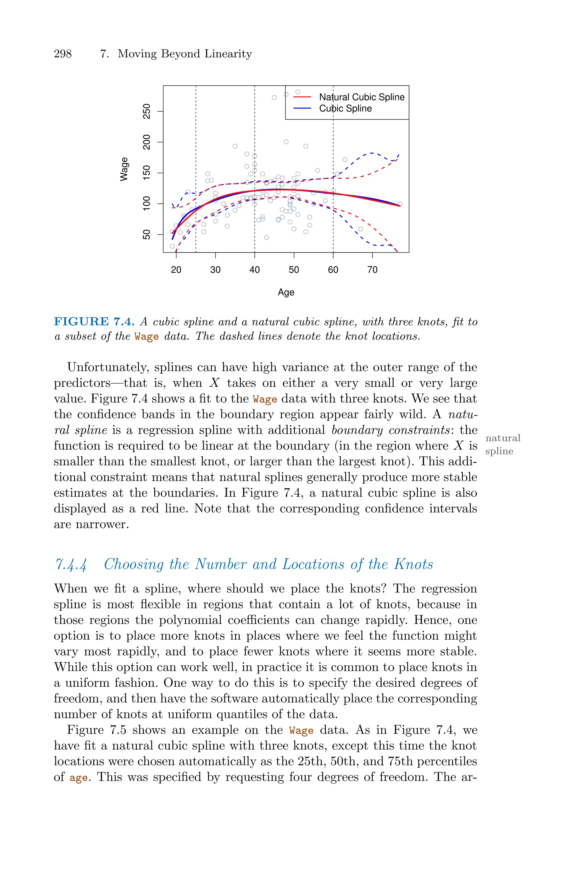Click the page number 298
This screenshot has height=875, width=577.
point(63,54)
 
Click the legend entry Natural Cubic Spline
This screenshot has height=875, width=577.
point(361,97)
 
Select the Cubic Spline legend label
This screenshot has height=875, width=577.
point(345,108)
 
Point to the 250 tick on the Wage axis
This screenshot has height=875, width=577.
point(147,111)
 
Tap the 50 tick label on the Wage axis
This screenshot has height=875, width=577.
point(147,234)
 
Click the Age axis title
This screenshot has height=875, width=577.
point(286,293)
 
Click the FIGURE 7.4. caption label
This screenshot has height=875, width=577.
point(94,322)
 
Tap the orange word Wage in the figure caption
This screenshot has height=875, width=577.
point(147,337)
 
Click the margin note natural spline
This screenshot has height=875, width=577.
point(502,444)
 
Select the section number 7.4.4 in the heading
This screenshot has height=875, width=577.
point(71,564)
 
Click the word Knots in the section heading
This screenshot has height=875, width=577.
point(413,564)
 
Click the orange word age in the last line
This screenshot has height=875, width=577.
point(78,778)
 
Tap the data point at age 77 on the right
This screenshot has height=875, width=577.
point(400,204)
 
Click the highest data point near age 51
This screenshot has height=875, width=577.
point(298,92)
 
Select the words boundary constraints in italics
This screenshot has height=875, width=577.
point(390,430)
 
